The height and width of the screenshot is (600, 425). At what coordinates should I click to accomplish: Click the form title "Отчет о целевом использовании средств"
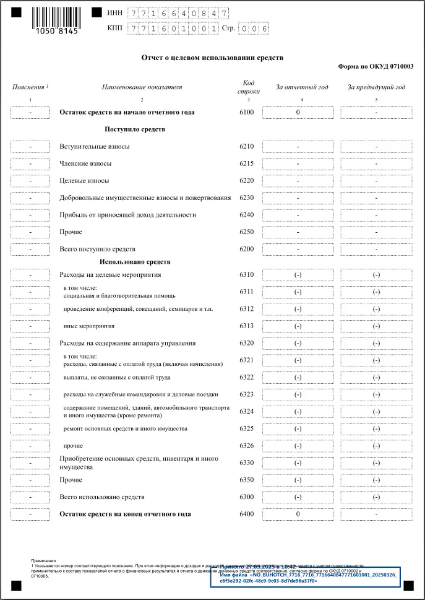(x=212, y=58)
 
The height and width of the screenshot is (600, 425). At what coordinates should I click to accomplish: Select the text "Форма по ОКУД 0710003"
(x=376, y=66)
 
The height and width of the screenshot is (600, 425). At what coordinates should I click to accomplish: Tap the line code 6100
(x=246, y=113)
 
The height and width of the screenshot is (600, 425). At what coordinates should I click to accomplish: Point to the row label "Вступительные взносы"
(x=95, y=147)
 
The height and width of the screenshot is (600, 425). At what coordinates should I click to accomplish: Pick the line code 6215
(x=246, y=164)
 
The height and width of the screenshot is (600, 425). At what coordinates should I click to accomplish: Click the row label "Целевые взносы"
(x=84, y=181)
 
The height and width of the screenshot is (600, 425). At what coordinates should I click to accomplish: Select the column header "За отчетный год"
(x=302, y=87)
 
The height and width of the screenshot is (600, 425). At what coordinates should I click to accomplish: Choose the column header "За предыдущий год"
(x=376, y=87)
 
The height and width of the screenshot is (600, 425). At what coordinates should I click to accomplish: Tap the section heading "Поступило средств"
(x=135, y=129)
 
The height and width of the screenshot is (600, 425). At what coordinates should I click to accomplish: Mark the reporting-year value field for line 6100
(x=298, y=113)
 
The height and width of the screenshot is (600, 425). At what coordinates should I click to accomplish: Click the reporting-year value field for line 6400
(x=298, y=514)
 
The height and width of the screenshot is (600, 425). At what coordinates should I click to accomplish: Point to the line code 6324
(x=246, y=412)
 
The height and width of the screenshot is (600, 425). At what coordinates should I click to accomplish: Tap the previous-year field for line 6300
(x=376, y=497)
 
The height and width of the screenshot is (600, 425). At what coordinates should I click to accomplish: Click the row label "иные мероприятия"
(x=89, y=326)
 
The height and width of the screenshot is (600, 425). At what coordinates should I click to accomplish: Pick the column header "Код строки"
(x=248, y=87)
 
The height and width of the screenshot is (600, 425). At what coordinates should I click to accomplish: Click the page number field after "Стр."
(x=255, y=28)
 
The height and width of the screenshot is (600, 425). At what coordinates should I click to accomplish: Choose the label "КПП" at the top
(x=114, y=28)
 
